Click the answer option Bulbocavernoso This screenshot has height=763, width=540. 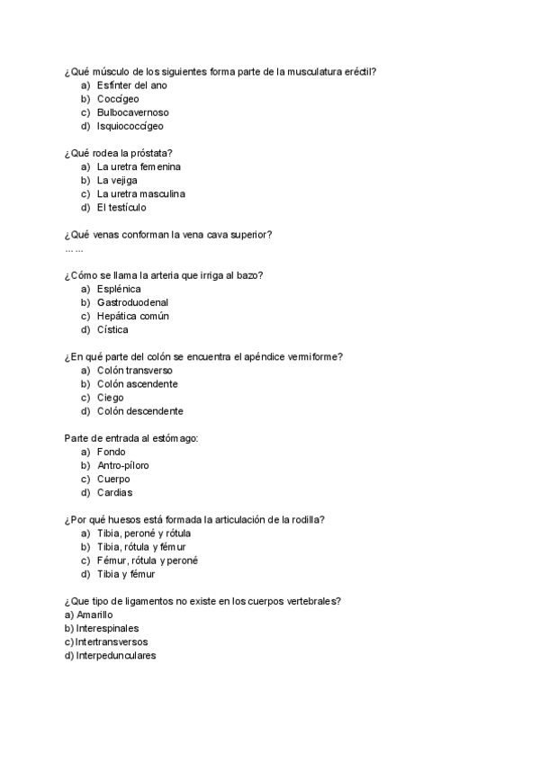pyautogui.click(x=132, y=112)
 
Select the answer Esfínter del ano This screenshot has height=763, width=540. pyautogui.click(x=131, y=85)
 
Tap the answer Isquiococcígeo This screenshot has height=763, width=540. pyautogui.click(x=130, y=126)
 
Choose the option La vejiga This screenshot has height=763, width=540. pyautogui.click(x=119, y=180)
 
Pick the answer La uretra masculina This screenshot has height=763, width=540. pyautogui.click(x=140, y=193)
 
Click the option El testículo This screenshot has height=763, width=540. pyautogui.click(x=121, y=207)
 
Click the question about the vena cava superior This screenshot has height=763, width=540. pyautogui.click(x=168, y=235)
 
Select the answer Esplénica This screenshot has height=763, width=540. pyautogui.click(x=119, y=289)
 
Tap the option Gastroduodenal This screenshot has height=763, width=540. pyautogui.click(x=132, y=302)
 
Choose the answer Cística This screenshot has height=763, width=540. pyautogui.click(x=112, y=329)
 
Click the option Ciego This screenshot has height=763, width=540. pyautogui.click(x=111, y=398)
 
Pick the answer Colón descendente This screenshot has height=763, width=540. pyautogui.click(x=140, y=411)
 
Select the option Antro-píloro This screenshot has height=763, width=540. pyautogui.click(x=123, y=465)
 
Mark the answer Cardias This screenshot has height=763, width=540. pyautogui.click(x=114, y=492)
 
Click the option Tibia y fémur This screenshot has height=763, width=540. pyautogui.click(x=126, y=574)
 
